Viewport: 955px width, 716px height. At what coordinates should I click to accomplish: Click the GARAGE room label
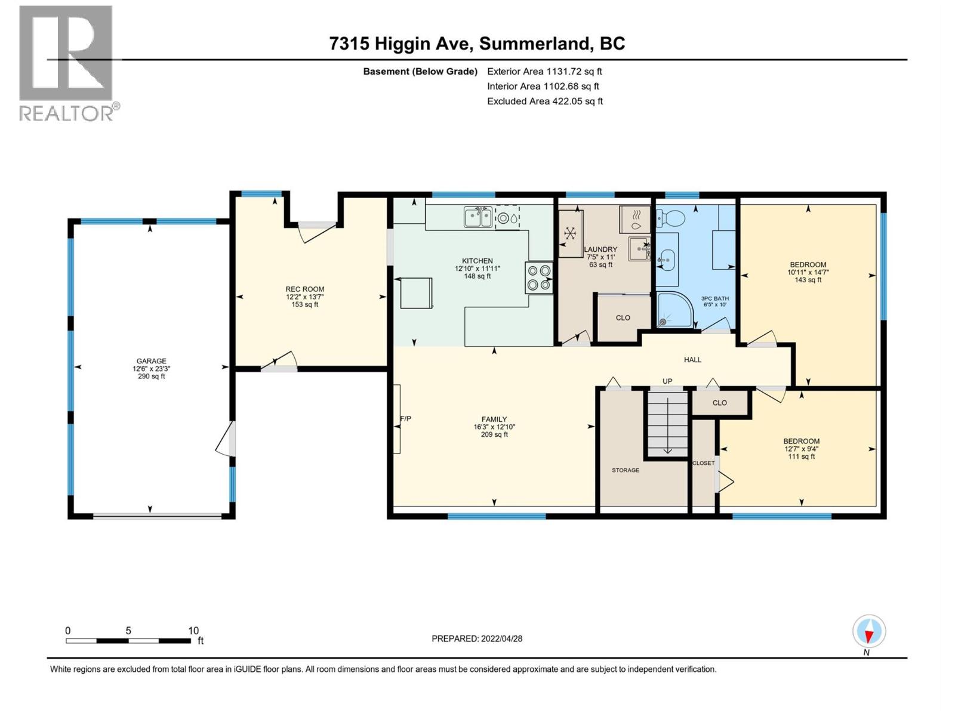click(x=151, y=361)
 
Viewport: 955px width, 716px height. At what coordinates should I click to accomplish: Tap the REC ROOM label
click(x=304, y=289)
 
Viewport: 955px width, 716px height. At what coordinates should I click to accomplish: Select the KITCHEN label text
click(x=477, y=261)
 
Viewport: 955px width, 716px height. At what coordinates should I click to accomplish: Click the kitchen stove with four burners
click(x=539, y=278)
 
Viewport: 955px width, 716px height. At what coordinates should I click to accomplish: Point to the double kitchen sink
click(x=478, y=217)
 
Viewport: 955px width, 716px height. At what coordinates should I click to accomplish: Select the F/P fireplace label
click(x=405, y=419)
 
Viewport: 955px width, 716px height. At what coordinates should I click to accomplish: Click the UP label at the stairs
click(x=667, y=381)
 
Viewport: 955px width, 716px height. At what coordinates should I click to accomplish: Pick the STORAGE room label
click(x=625, y=470)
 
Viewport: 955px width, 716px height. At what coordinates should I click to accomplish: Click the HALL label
click(x=692, y=360)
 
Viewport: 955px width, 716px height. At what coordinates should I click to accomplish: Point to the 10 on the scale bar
click(x=193, y=631)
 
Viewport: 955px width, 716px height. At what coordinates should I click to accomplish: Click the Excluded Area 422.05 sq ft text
click(x=544, y=101)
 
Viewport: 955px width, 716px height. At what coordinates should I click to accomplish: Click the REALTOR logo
click(x=67, y=63)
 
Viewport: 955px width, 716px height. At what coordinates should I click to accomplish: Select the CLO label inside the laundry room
click(x=623, y=318)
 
